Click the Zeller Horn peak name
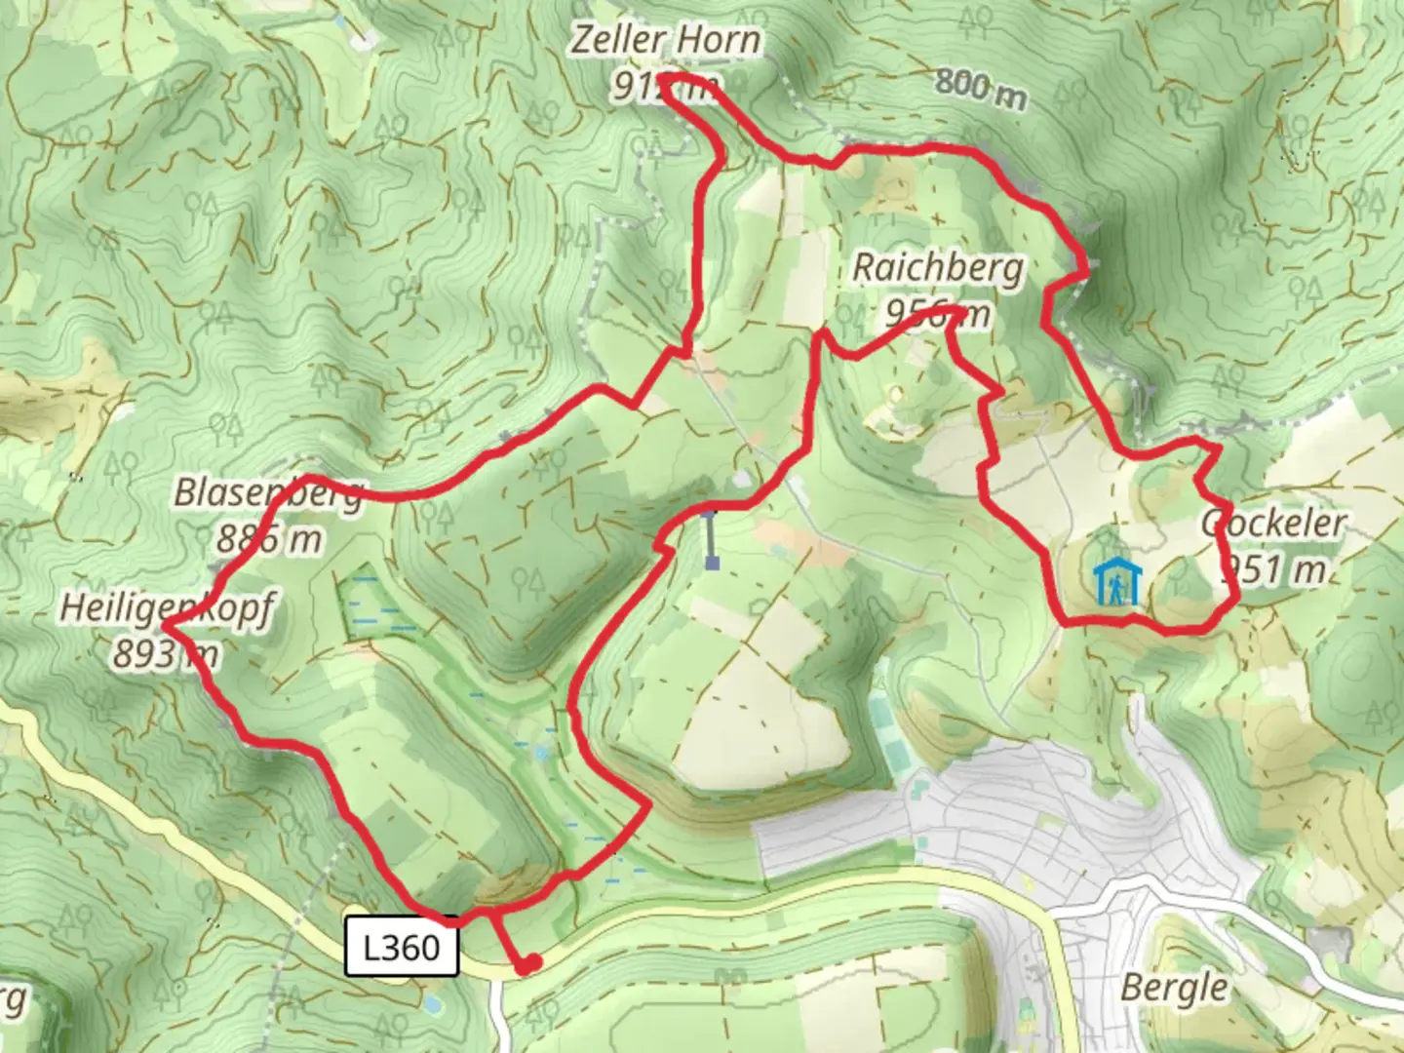pyautogui.click(x=665, y=41)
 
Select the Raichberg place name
pyautogui.click(x=938, y=267)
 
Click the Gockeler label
pyautogui.click(x=1272, y=524)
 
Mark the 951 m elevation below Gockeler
pyautogui.click(x=1273, y=568)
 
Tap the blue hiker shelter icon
pyautogui.click(x=1111, y=583)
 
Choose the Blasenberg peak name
pyautogui.click(x=268, y=493)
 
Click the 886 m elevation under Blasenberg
pyautogui.click(x=269, y=538)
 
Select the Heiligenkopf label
pyautogui.click(x=167, y=608)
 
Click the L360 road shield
pyautogui.click(x=401, y=947)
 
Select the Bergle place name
pyautogui.click(x=1174, y=988)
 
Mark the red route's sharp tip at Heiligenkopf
pyautogui.click(x=164, y=627)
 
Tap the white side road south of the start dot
pyautogui.click(x=498, y=1014)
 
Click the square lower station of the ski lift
pyautogui.click(x=713, y=563)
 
